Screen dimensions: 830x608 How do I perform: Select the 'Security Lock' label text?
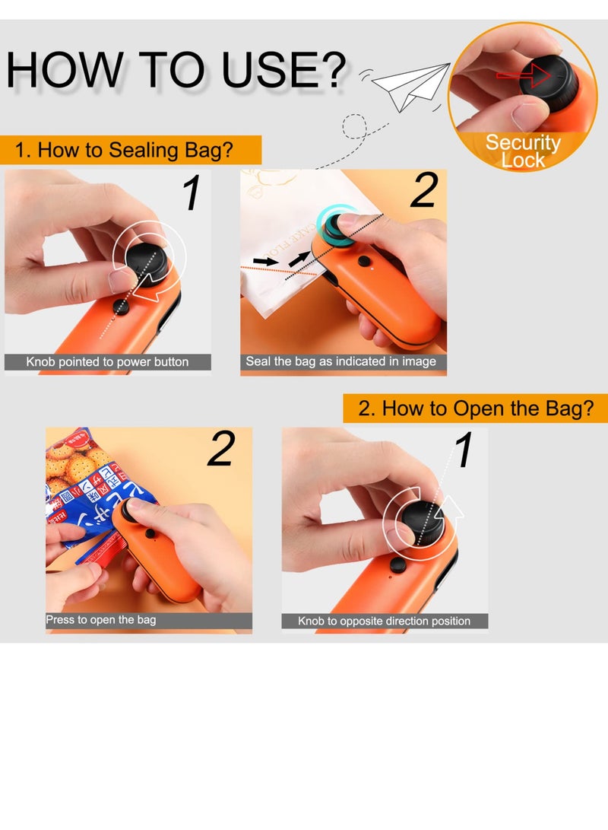(523, 151)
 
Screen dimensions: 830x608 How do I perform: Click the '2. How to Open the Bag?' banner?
(475, 409)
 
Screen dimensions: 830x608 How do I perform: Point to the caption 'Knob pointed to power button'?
(107, 362)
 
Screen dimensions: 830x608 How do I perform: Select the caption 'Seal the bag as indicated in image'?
(341, 362)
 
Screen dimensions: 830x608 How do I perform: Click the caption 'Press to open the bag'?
(101, 620)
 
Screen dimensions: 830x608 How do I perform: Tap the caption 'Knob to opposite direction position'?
(384, 622)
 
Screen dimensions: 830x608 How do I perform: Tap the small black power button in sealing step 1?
(120, 306)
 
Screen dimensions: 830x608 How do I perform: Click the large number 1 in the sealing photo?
(192, 193)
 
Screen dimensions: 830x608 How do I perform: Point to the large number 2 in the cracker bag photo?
(221, 449)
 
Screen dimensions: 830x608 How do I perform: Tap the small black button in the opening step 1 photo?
(396, 566)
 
